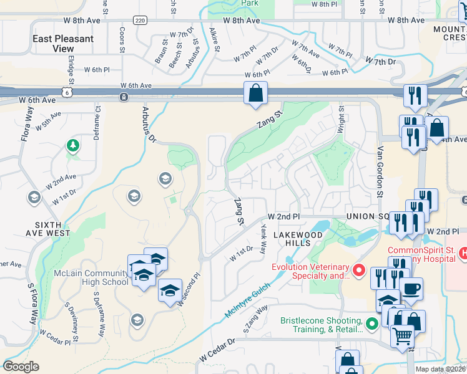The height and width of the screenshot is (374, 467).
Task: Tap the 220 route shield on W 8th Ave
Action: (140, 21)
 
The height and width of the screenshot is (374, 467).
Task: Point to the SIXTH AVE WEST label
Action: (47, 229)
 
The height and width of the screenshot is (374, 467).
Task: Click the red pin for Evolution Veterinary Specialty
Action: (358, 271)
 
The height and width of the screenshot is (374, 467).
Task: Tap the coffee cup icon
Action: (411, 289)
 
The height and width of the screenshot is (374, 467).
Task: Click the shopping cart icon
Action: (402, 337)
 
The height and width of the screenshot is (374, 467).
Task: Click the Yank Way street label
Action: (263, 240)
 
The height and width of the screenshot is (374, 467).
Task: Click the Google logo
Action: (21, 367)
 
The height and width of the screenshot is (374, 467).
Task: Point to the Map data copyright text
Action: (440, 369)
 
